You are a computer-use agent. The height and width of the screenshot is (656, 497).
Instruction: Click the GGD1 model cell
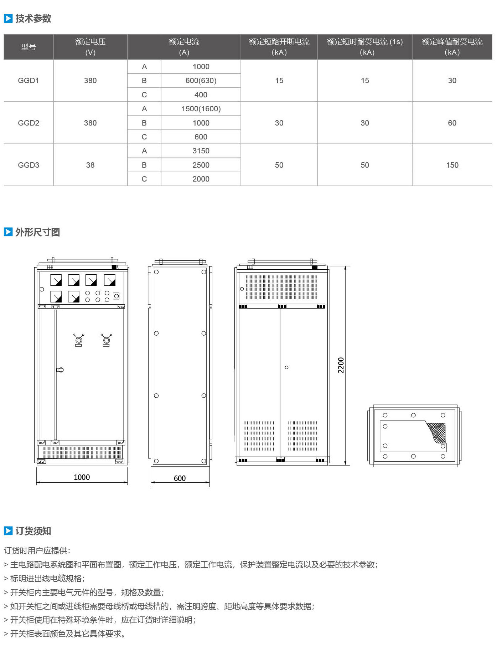(x=29, y=81)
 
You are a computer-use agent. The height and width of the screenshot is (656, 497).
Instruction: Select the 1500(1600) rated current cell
(x=201, y=109)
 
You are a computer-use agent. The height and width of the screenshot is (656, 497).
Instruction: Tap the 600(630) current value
(x=201, y=81)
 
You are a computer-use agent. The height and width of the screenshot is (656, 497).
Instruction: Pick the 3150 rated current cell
(x=201, y=151)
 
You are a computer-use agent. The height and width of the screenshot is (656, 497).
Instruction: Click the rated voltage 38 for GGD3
(x=90, y=165)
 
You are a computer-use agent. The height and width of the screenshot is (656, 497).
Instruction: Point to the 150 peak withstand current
(x=452, y=165)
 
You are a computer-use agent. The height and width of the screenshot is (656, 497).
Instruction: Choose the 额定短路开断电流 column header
(x=279, y=42)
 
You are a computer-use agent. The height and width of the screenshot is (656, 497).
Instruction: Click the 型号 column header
(x=29, y=47)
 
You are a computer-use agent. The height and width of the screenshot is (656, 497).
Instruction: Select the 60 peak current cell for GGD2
(x=452, y=123)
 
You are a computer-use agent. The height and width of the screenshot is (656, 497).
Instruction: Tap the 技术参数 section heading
(x=33, y=19)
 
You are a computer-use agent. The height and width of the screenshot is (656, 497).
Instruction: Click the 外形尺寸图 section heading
(x=37, y=232)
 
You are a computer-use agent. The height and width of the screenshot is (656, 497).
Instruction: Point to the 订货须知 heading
(x=33, y=531)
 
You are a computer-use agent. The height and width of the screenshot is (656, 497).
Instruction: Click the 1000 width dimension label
(x=82, y=477)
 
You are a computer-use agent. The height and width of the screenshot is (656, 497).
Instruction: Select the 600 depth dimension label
(x=180, y=478)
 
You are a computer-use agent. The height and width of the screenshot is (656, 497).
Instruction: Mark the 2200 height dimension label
(x=341, y=365)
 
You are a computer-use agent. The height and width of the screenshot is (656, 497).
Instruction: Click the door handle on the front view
(x=60, y=370)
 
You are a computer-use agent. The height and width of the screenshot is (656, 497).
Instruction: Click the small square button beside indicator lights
(x=116, y=296)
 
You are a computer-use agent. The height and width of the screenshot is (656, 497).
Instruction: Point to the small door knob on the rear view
(x=286, y=367)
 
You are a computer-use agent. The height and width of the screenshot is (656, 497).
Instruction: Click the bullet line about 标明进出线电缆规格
(x=45, y=579)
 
